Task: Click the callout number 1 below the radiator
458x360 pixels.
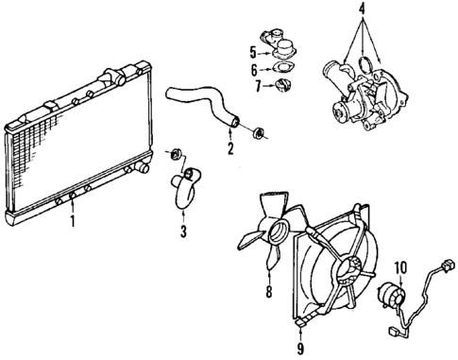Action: point(70,223)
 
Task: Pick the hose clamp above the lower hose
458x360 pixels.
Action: point(174,153)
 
